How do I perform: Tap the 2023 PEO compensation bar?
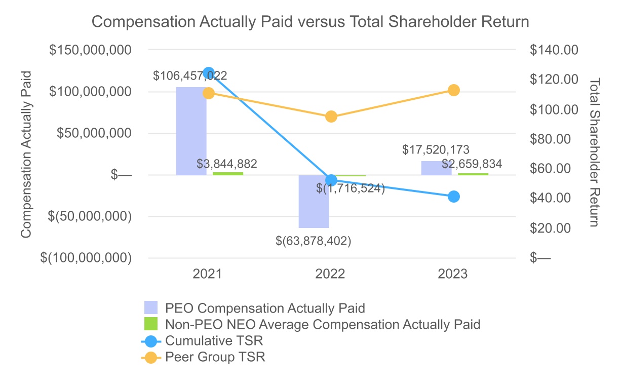point(436,168)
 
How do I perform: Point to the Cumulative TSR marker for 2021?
point(208,73)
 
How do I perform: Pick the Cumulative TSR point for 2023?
point(454,197)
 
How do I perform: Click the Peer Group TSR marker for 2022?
point(331,117)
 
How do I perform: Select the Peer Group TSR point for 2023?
point(454,90)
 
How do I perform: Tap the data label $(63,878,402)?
point(314,241)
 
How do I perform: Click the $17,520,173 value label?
point(436,150)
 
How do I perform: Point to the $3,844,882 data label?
point(227,164)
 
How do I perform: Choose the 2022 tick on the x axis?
point(330,275)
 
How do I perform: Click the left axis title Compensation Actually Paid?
point(26,154)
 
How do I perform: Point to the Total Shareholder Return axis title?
point(596,152)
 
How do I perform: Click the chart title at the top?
point(310,22)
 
